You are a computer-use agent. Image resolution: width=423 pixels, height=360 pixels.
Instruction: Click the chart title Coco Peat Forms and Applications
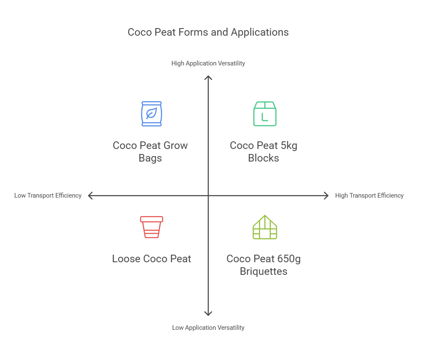coord(208,32)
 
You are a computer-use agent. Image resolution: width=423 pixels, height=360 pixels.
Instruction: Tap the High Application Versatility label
coord(208,63)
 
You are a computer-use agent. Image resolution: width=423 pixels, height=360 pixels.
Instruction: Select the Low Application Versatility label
coord(208,328)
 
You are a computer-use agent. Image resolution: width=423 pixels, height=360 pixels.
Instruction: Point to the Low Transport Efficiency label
coord(48,196)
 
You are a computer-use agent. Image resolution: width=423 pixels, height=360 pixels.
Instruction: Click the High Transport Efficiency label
coord(369,196)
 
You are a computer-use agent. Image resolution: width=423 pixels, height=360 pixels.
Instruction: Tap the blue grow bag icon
coord(151,114)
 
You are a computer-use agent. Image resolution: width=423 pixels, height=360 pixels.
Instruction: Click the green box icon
coord(265,114)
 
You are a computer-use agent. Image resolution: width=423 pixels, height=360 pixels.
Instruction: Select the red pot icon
coord(151,227)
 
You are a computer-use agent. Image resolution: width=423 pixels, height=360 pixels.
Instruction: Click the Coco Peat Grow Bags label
coord(150,152)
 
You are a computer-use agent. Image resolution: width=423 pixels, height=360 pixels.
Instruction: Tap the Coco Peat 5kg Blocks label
coord(264,152)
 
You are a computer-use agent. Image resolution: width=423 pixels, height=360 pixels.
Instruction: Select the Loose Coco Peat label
coord(151,259)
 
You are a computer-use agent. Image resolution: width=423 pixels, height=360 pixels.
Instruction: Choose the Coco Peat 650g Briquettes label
coord(264,265)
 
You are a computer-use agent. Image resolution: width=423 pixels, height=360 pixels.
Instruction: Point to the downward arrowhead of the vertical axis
coord(208,314)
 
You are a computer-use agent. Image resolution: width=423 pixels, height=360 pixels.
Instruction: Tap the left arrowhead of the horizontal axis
coord(90,196)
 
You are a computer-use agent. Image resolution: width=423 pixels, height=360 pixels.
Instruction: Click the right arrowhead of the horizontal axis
coord(326,196)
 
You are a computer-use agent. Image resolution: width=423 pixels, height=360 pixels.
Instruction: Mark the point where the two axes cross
coord(208,196)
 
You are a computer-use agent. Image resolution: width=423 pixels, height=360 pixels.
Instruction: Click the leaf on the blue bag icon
coord(151,113)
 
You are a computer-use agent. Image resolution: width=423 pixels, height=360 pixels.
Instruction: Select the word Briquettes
coord(264,271)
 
